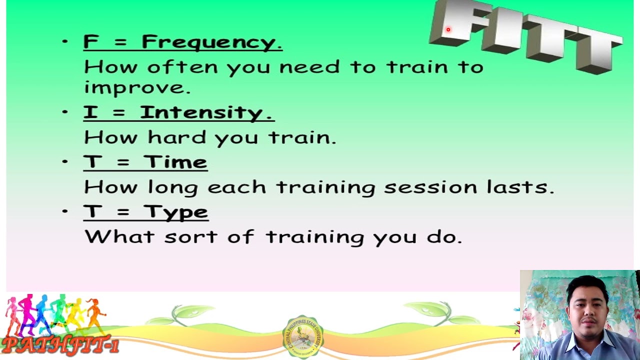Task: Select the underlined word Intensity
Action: pyautogui.click(x=206, y=113)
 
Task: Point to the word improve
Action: pyautogui.click(x=137, y=87)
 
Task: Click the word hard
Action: pyautogui.click(x=176, y=137)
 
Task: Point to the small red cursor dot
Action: pyautogui.click(x=448, y=30)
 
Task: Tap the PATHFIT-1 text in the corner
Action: pyautogui.click(x=60, y=345)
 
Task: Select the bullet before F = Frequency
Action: pyautogui.click(x=65, y=42)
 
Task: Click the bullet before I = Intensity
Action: pyautogui.click(x=65, y=112)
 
